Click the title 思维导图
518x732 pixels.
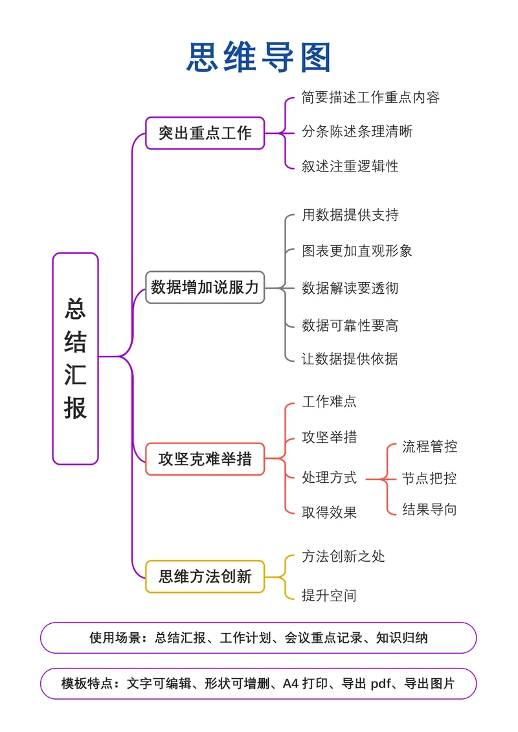click(259, 57)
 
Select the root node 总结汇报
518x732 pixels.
click(75, 359)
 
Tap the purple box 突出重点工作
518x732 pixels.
click(205, 133)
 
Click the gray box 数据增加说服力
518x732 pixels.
click(205, 287)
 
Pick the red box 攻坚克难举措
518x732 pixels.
click(205, 460)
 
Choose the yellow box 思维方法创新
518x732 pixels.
click(205, 576)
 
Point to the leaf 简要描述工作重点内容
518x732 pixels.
click(370, 98)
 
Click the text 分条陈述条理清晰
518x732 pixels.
click(357, 132)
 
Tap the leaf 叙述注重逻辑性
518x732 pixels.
click(350, 166)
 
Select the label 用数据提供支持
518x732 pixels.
click(350, 215)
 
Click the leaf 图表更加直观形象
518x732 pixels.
click(357, 250)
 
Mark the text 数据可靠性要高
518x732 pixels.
click(350, 325)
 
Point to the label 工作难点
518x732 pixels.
click(329, 401)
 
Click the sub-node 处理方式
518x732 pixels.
click(329, 478)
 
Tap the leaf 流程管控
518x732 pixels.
click(429, 446)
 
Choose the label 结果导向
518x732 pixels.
click(429, 509)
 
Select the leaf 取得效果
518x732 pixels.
click(329, 513)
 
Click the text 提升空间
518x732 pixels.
click(329, 595)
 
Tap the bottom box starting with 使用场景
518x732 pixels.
click(258, 638)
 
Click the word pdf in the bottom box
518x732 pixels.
click(381, 684)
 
